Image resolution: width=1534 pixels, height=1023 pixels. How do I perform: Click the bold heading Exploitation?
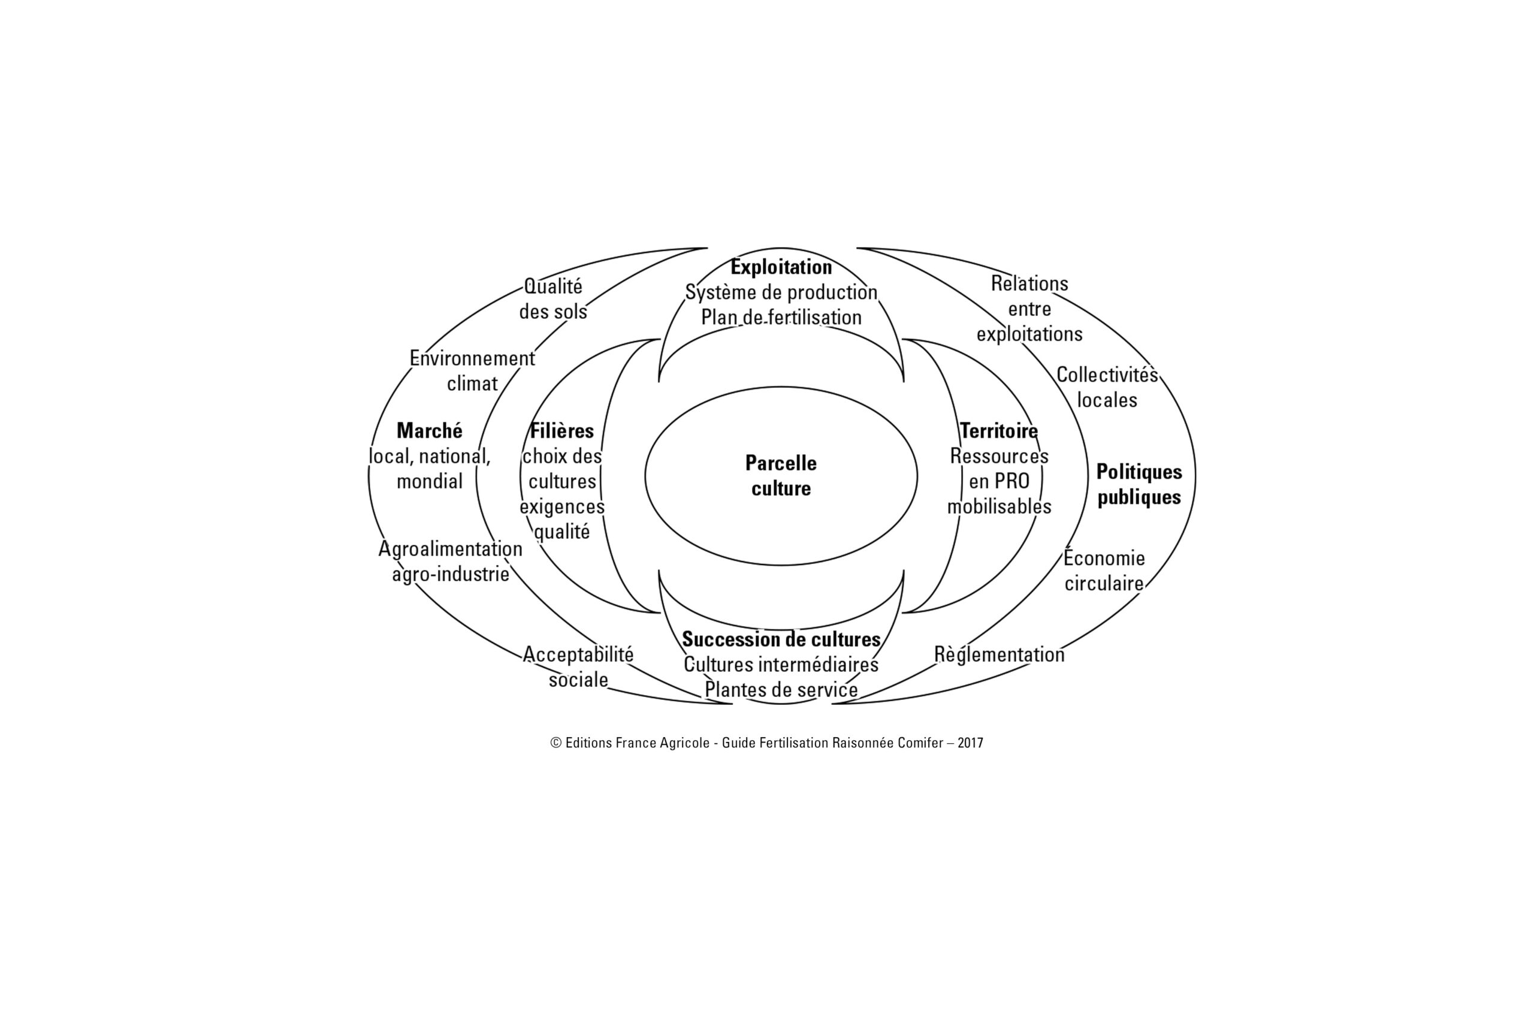[x=781, y=267]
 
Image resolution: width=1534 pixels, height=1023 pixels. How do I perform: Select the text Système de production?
[x=781, y=292]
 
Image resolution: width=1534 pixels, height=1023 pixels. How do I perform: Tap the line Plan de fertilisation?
[x=781, y=317]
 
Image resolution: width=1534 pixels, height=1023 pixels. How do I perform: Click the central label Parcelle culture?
[x=781, y=476]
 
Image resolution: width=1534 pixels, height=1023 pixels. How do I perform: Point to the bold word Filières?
[x=561, y=431]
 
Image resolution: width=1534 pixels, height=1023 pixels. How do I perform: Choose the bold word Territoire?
[x=998, y=431]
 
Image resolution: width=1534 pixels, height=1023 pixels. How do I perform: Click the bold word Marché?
[x=429, y=431]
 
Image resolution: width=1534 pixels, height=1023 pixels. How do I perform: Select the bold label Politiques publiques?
[x=1139, y=484]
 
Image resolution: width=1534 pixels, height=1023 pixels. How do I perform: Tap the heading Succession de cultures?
[x=781, y=639]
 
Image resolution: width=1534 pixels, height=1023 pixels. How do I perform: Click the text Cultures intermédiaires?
[x=781, y=664]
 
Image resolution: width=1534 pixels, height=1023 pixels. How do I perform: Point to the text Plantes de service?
[x=781, y=690]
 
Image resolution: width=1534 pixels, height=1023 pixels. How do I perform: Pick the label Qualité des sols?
[x=553, y=299]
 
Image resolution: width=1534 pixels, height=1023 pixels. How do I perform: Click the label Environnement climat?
[x=472, y=370]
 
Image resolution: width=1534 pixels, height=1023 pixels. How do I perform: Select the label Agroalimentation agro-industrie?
[x=451, y=562]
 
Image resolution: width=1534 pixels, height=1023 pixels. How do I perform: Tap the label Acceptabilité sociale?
[x=578, y=667]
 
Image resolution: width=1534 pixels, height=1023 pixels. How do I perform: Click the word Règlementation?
[x=999, y=654]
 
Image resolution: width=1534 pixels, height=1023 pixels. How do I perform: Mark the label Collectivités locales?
[x=1107, y=387]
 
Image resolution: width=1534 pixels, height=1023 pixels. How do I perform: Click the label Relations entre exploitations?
[x=1029, y=309]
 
